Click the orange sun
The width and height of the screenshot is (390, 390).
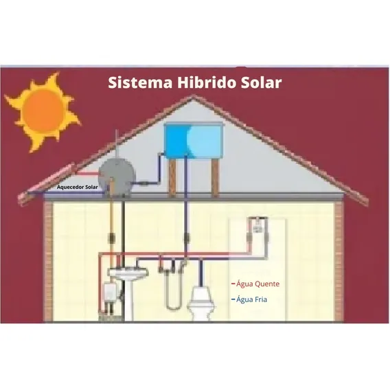point(43,112)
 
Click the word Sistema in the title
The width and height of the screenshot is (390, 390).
point(140,82)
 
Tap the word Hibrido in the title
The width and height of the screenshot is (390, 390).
point(207,82)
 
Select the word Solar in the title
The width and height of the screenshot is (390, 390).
point(261,82)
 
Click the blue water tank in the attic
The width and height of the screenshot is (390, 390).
point(193,141)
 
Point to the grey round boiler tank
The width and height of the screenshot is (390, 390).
point(117,176)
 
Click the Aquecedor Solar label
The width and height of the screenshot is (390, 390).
point(77,187)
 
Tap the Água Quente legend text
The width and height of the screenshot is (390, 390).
point(257,284)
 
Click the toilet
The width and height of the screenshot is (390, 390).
point(200,303)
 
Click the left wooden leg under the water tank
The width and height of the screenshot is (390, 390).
point(172,178)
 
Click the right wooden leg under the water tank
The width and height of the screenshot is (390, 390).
point(214,178)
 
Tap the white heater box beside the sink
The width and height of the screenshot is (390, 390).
point(110,293)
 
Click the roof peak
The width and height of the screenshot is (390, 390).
point(193,96)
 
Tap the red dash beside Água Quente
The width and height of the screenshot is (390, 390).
point(233,284)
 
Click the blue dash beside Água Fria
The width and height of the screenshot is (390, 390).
point(233,299)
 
